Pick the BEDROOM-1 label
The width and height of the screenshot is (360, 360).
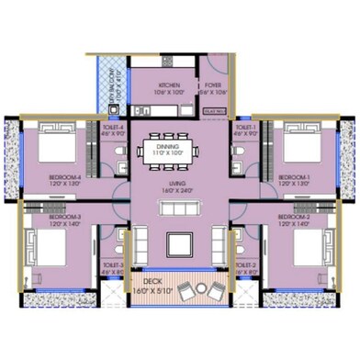(296, 175)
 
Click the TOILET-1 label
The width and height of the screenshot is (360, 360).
(245, 129)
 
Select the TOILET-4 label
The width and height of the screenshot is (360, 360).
(114, 129)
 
